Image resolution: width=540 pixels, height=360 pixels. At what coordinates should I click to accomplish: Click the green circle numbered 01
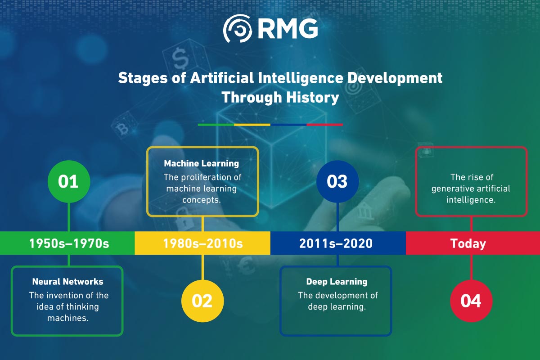point(69,181)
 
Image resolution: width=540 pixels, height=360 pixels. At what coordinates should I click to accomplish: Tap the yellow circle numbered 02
point(202,300)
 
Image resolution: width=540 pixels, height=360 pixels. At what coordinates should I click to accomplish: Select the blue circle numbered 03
point(337,181)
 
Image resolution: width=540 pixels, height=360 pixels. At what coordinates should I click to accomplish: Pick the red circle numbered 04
point(471,300)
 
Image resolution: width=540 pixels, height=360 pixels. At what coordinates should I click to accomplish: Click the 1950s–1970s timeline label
point(69,243)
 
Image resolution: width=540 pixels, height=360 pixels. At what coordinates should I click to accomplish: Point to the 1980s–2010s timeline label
point(202,243)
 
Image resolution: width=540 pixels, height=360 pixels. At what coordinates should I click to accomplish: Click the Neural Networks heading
point(67,282)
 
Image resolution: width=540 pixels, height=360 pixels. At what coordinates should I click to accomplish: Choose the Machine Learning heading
point(201,163)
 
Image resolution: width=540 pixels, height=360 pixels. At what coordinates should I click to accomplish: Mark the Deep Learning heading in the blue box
point(337,282)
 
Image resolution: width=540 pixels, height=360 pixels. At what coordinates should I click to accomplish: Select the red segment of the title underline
point(324,125)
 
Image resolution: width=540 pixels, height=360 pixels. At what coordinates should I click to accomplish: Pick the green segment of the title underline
point(216,125)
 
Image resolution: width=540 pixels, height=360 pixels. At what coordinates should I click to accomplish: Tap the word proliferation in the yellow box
point(214,177)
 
